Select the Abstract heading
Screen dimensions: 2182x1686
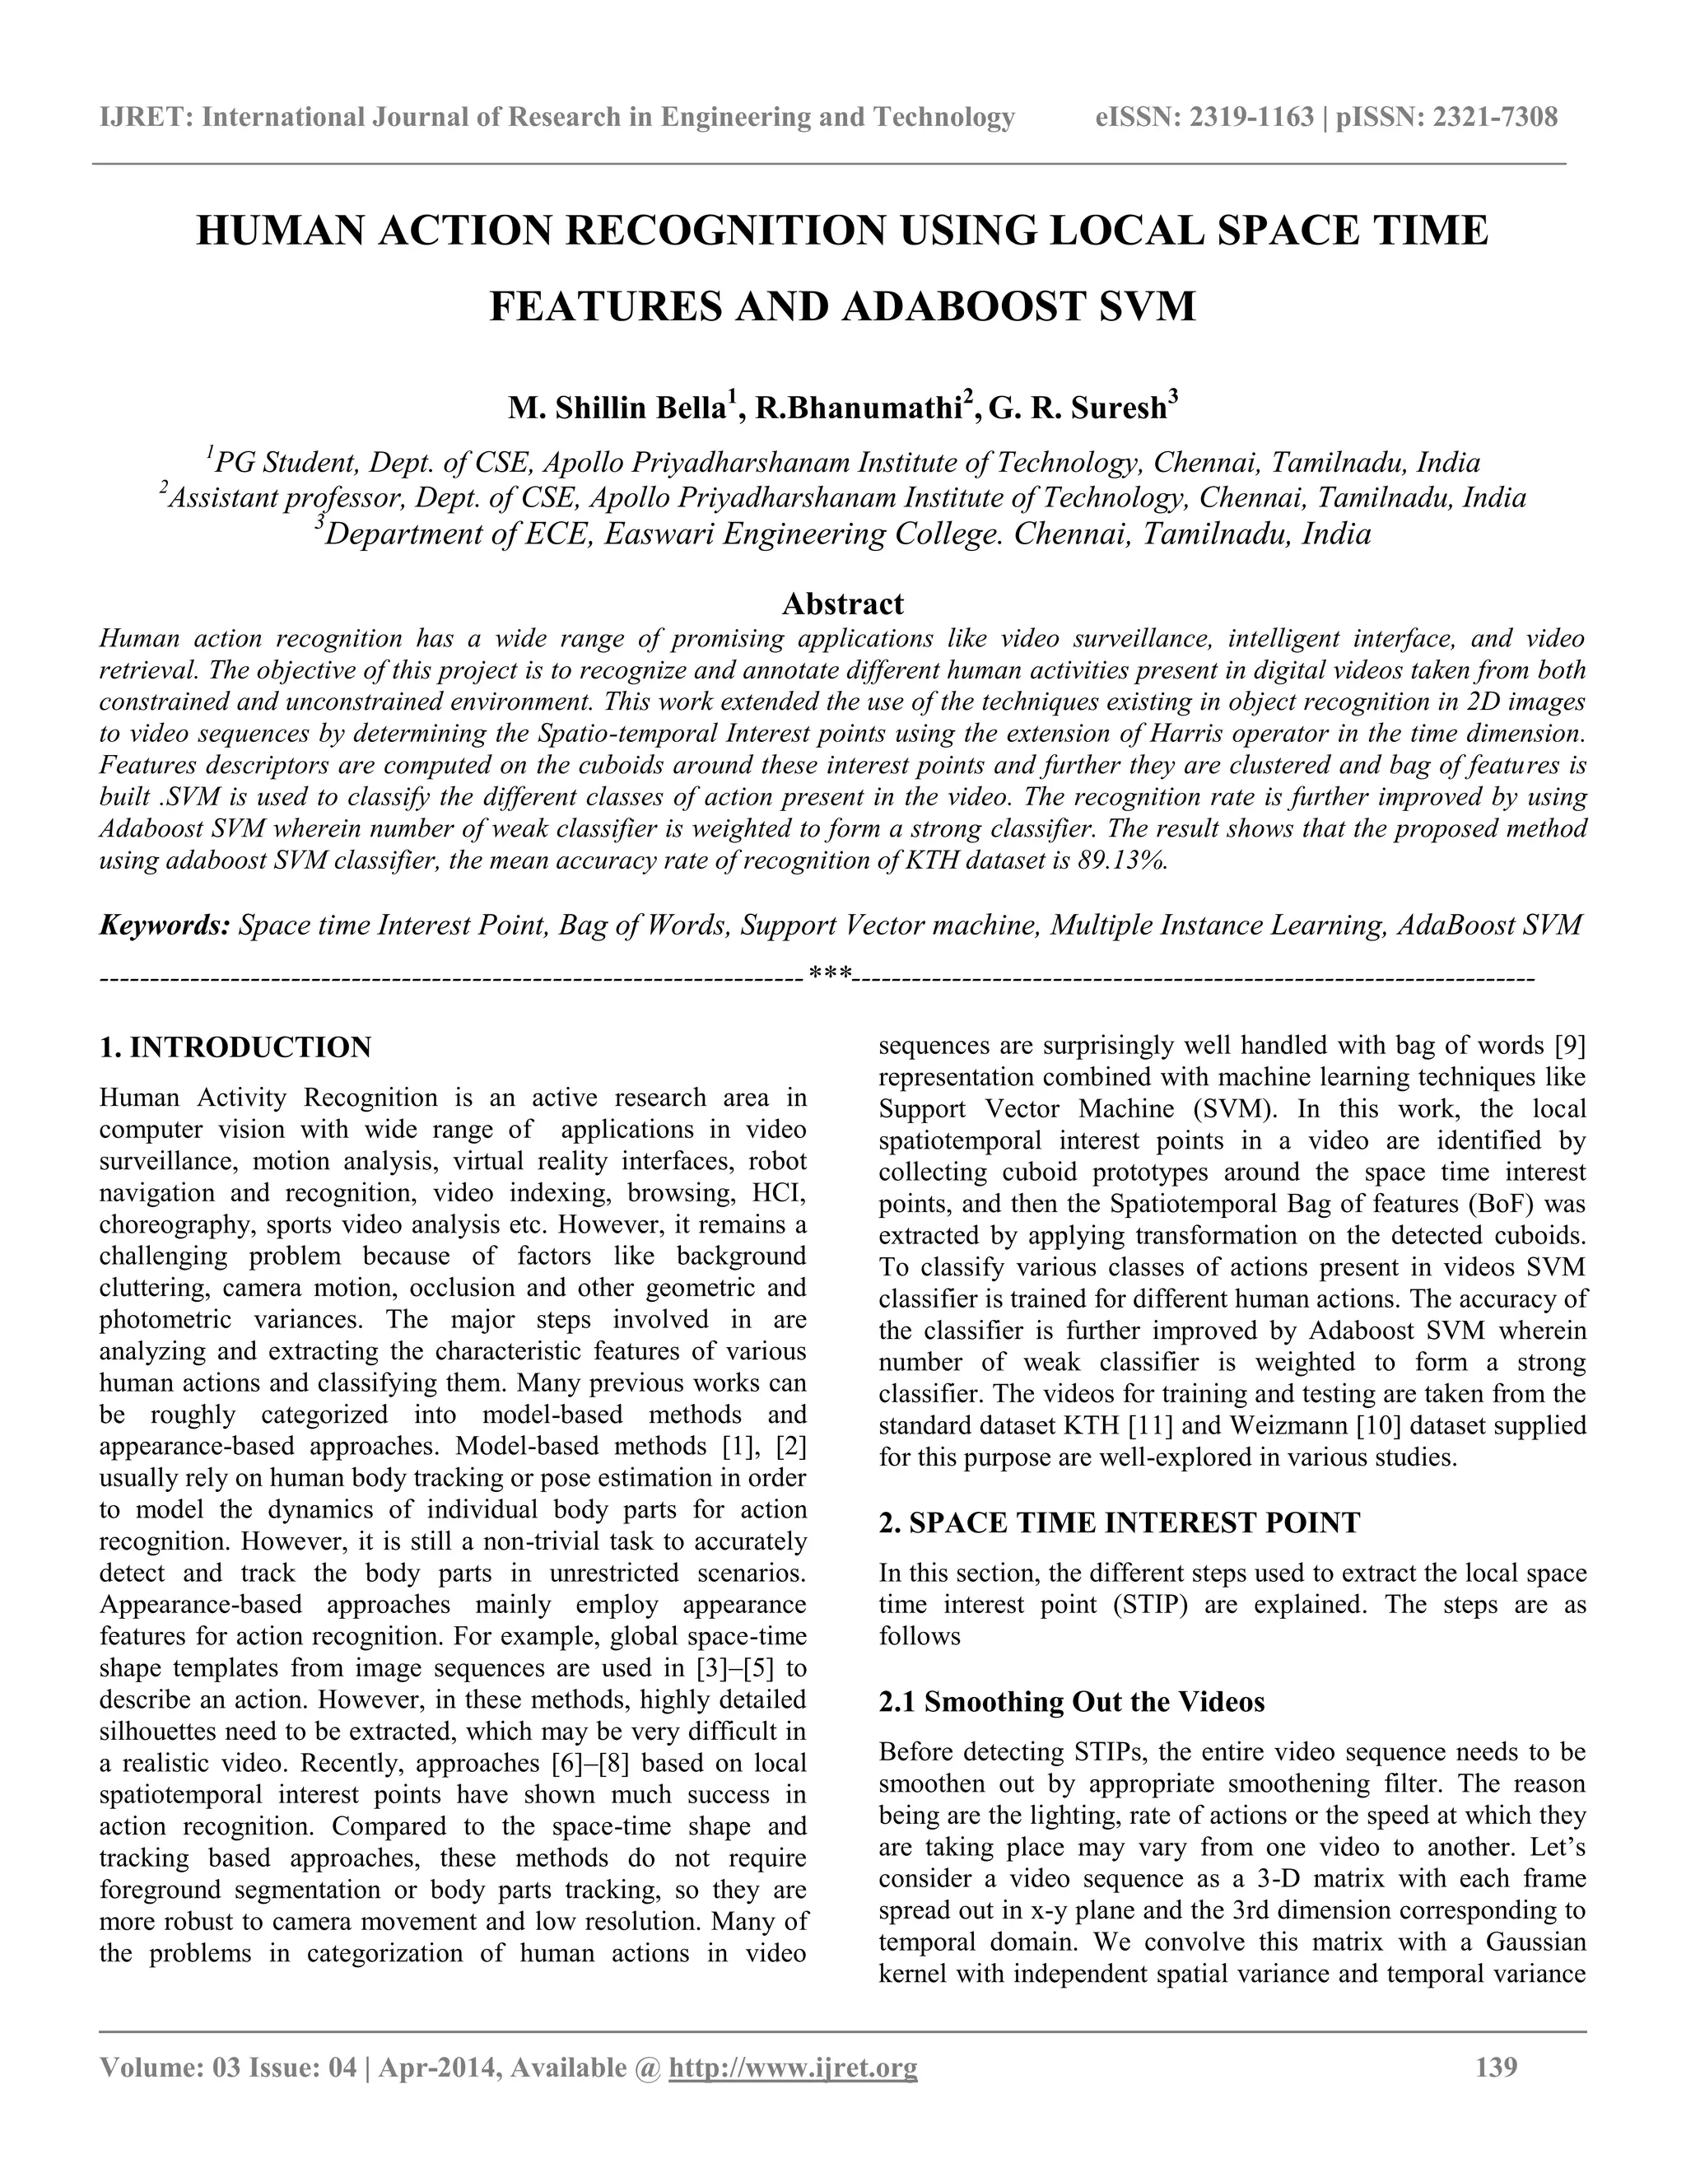pos(842,604)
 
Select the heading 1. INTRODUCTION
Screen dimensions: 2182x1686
pos(235,1047)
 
